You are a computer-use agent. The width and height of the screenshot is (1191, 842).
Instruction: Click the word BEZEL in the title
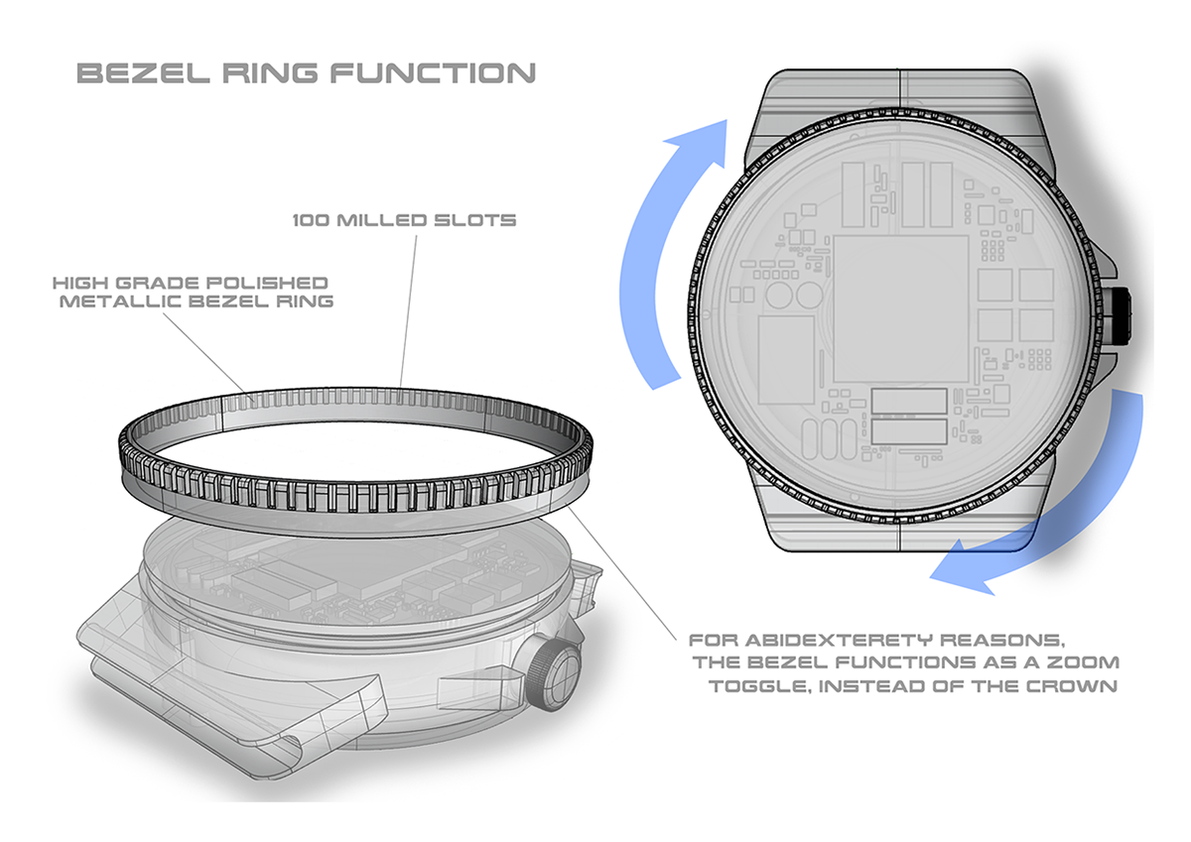[144, 73]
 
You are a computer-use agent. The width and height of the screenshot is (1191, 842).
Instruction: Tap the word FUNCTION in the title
[433, 73]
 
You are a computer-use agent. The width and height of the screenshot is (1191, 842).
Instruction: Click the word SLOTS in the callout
[474, 220]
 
